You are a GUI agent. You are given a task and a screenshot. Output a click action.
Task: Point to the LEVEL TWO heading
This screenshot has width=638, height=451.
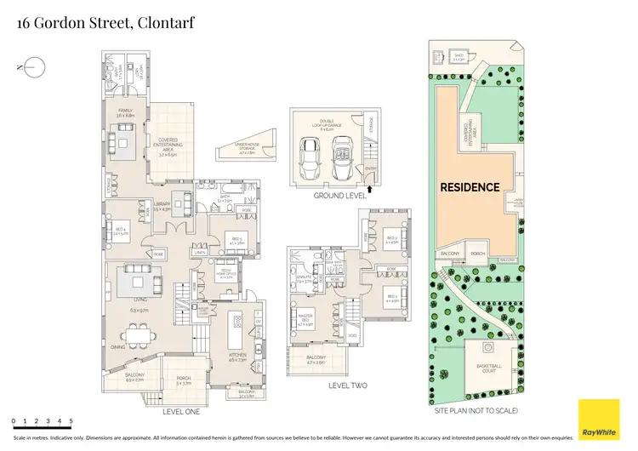[348, 385]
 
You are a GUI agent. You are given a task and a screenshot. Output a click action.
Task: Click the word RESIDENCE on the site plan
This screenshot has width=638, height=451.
[469, 186]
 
